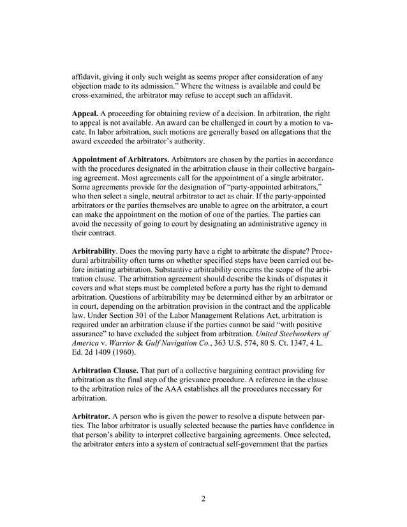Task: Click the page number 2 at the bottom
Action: (204, 498)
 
